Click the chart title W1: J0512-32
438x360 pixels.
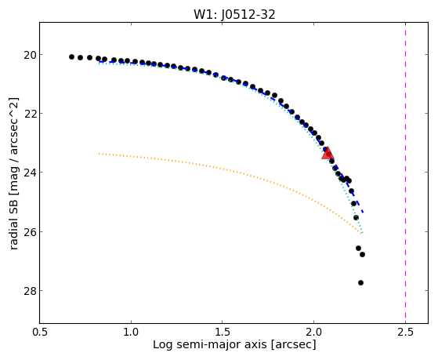[x=234, y=14]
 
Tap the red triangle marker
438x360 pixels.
[x=328, y=153]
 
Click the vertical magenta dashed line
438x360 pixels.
[x=405, y=173]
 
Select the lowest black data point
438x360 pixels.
[x=360, y=283]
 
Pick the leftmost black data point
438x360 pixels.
[x=71, y=56]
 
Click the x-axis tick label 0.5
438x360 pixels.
[x=40, y=332]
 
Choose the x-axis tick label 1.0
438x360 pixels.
[x=131, y=332]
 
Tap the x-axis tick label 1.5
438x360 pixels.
[x=223, y=332]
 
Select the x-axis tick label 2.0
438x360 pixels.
[x=313, y=332]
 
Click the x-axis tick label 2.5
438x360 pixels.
[x=405, y=332]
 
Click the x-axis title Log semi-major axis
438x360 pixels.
[x=210, y=344]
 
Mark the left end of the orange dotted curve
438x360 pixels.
[x=99, y=153]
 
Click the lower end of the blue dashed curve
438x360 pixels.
[x=363, y=213]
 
